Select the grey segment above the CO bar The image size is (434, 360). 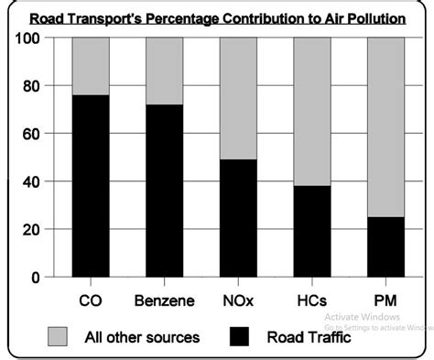click(91, 66)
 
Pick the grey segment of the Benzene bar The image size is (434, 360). click(165, 71)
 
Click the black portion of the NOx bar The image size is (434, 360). click(238, 217)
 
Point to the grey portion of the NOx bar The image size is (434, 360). click(238, 98)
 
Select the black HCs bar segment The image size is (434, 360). click(311, 231)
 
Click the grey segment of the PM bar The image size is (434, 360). click(385, 126)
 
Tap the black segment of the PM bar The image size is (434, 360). click(385, 246)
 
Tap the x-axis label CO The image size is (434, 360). click(91, 300)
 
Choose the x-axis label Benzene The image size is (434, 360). click(165, 300)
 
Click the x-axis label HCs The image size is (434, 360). click(311, 300)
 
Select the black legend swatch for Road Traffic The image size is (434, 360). click(241, 337)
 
